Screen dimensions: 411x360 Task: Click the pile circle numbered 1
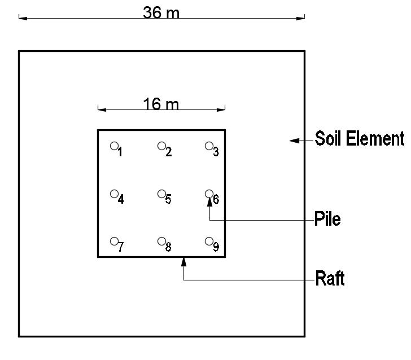click(x=114, y=146)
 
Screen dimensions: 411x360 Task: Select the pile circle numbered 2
click(x=161, y=146)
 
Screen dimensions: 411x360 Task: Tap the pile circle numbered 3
click(x=209, y=146)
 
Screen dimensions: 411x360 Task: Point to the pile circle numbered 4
click(x=114, y=194)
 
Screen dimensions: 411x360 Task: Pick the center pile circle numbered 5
click(x=161, y=194)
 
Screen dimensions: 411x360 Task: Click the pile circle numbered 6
click(x=209, y=194)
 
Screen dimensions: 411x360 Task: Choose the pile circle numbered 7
click(x=114, y=242)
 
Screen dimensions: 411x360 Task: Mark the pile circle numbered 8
click(x=161, y=242)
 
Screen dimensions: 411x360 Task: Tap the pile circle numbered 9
click(x=209, y=242)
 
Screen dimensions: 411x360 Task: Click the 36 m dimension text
click(x=161, y=12)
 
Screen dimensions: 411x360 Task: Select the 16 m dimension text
click(x=161, y=104)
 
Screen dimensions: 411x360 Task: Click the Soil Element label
click(x=360, y=139)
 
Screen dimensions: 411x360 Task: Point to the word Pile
click(x=327, y=219)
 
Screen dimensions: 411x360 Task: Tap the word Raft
click(x=330, y=279)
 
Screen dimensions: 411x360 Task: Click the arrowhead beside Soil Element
click(x=294, y=140)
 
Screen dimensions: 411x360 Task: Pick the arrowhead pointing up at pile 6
click(x=209, y=200)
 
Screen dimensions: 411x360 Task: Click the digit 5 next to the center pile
click(x=168, y=200)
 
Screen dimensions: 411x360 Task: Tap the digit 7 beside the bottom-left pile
click(x=121, y=248)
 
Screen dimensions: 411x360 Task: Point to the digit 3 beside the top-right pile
click(x=216, y=152)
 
